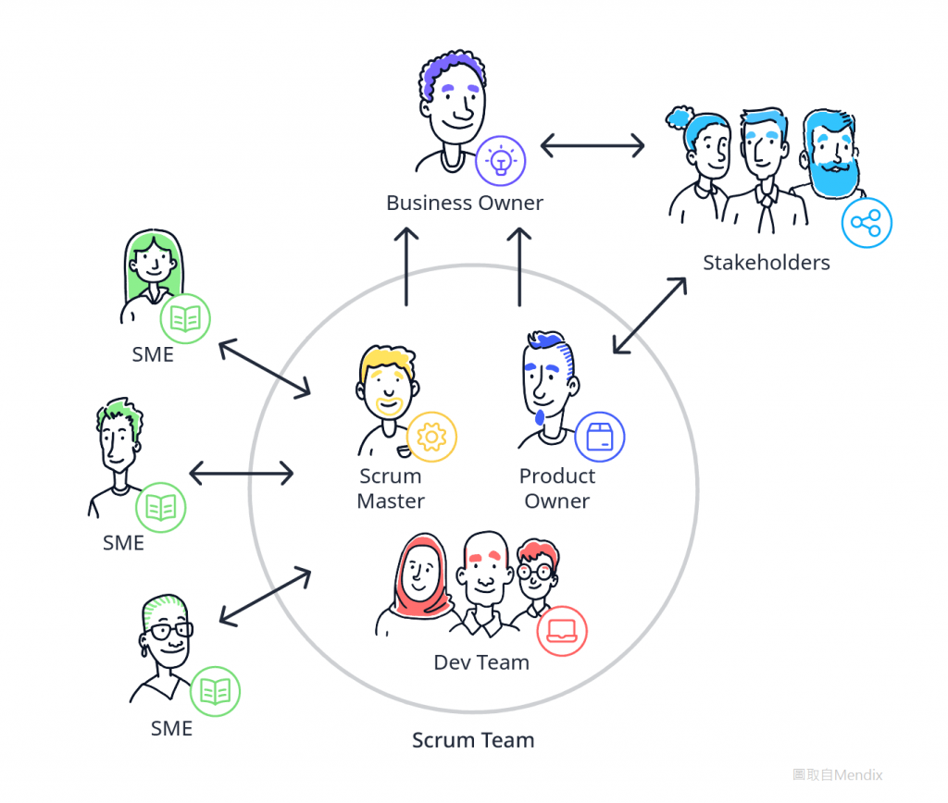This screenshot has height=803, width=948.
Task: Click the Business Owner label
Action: click(x=465, y=203)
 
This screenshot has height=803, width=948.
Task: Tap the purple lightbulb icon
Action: click(x=501, y=161)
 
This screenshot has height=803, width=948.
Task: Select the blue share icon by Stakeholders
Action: click(x=867, y=223)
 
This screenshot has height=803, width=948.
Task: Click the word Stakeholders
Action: click(x=766, y=263)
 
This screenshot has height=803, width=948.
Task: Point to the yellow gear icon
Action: click(x=431, y=437)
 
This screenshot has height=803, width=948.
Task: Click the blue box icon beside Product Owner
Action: click(x=600, y=437)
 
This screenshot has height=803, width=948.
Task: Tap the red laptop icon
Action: click(x=562, y=632)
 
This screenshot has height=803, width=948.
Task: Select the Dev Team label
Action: click(x=481, y=662)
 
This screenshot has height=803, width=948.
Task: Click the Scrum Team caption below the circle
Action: click(x=473, y=740)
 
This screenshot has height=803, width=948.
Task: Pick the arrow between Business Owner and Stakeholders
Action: click(x=592, y=145)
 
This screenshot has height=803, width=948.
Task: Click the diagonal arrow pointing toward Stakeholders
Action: click(x=650, y=315)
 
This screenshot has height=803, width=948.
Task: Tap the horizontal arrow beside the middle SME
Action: click(x=242, y=473)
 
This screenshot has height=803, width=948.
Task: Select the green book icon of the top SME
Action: click(x=185, y=318)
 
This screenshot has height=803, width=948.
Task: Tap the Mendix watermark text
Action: click(x=837, y=774)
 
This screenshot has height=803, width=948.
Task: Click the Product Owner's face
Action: click(x=546, y=384)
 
